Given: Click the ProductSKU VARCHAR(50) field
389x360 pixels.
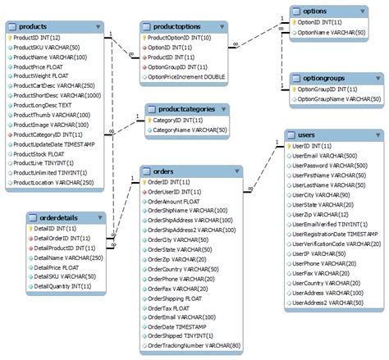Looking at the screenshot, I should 49,48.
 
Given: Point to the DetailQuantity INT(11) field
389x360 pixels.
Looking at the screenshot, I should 61,287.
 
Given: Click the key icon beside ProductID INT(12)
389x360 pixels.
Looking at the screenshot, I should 9,37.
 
